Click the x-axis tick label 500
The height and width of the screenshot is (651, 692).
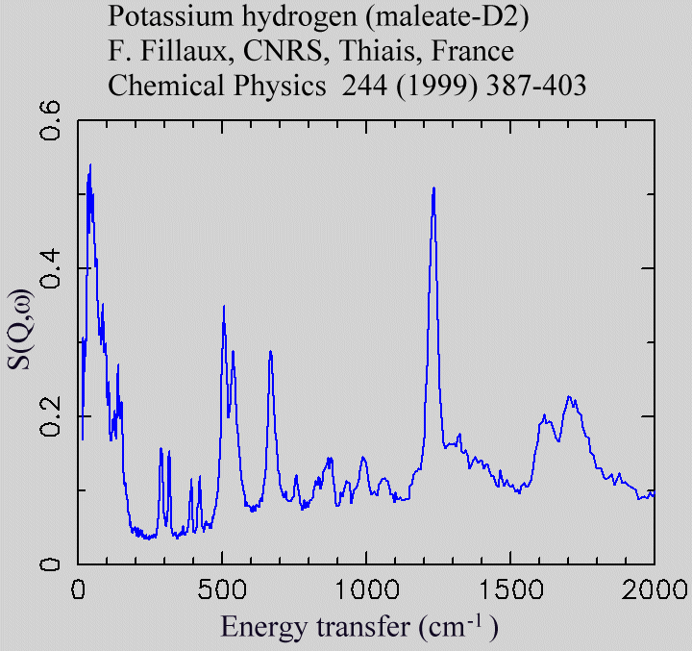pyautogui.click(x=222, y=588)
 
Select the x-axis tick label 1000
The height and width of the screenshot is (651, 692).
pyautogui.click(x=366, y=588)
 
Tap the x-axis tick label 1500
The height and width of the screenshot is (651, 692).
pyautogui.click(x=509, y=588)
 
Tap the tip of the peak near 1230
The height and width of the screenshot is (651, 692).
pyautogui.click(x=434, y=188)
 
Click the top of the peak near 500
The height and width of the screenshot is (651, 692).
pyautogui.click(x=224, y=307)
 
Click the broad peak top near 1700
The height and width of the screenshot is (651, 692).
pyautogui.click(x=569, y=396)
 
